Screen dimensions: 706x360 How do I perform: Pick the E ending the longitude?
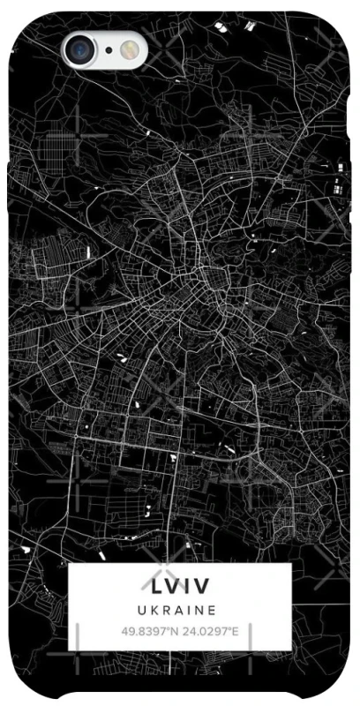click(236, 632)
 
